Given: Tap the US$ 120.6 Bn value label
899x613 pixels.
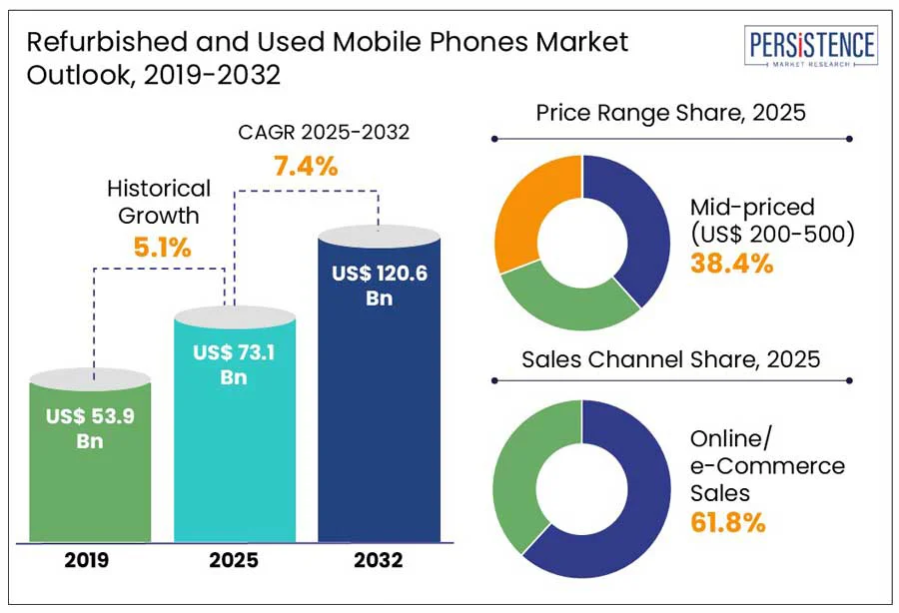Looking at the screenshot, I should [380, 285].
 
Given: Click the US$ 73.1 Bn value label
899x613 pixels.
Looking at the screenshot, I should [235, 364].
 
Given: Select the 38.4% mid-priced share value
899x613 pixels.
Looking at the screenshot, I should [731, 264].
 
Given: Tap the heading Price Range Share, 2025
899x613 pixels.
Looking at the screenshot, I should [670, 113].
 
